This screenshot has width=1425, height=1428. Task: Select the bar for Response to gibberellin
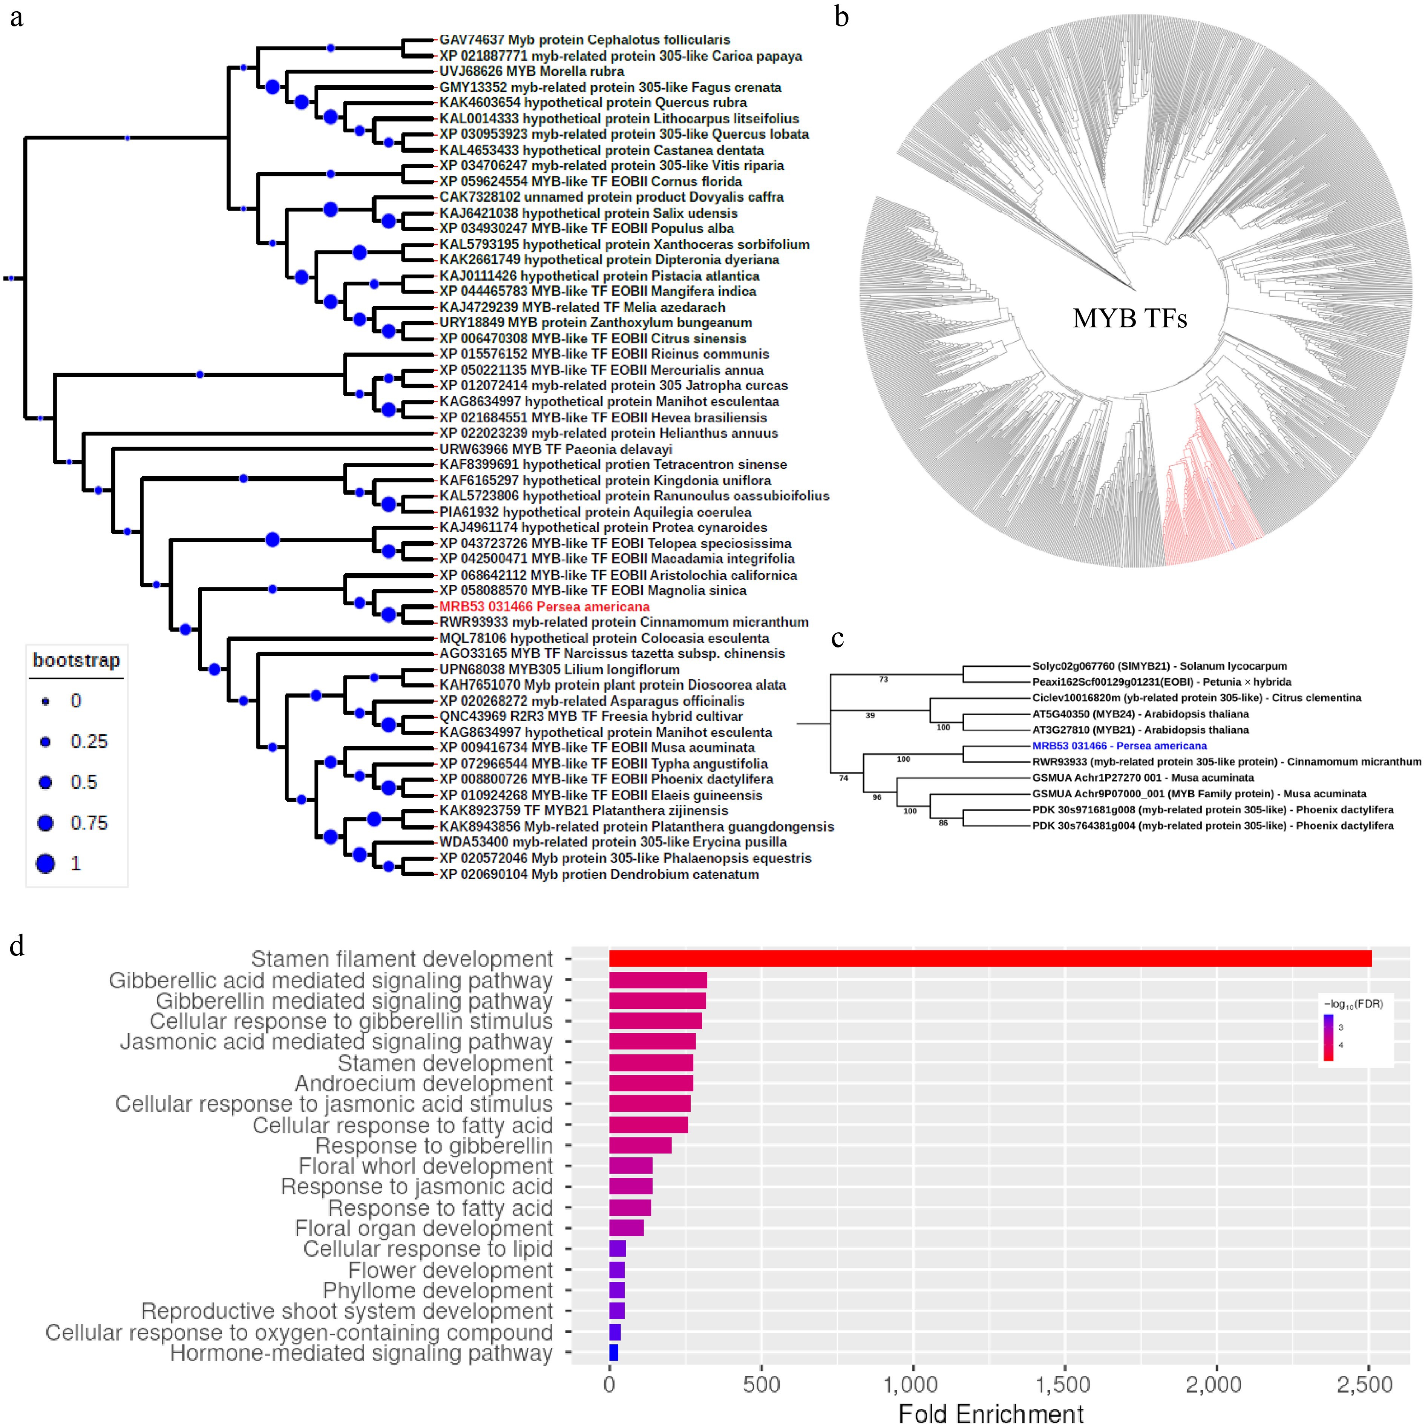tap(640, 1146)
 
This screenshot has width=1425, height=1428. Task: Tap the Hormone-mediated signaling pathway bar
tap(613, 1353)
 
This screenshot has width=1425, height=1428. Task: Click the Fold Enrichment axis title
tap(990, 1413)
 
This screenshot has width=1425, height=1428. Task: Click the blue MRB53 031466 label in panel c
tap(1119, 746)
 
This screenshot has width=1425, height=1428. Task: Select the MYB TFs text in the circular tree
tap(1129, 319)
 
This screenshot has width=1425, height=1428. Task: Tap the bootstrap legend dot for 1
tap(46, 863)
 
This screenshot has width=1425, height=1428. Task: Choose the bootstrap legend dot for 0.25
tap(46, 741)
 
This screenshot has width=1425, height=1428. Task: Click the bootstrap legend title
tap(76, 660)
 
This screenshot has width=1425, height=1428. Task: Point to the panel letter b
tap(841, 16)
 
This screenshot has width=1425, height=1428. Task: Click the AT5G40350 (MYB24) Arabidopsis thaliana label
tap(1140, 714)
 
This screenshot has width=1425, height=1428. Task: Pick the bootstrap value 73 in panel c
tap(883, 679)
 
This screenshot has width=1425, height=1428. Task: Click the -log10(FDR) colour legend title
tap(1353, 1004)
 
